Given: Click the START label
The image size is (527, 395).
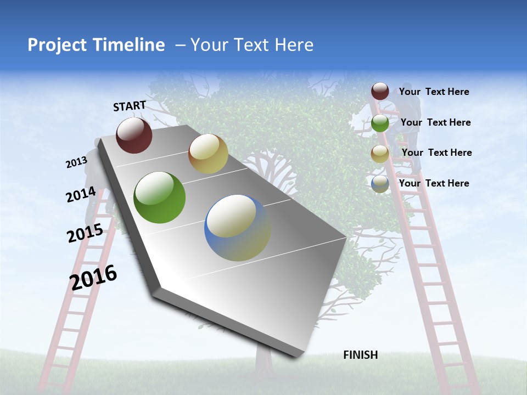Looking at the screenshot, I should pos(130,105).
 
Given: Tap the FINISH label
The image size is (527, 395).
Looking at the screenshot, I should pos(360,355).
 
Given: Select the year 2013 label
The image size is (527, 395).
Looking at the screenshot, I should pos(76,162).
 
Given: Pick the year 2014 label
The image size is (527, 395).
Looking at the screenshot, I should pos(81,195).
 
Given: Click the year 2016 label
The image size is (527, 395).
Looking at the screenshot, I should pos(93,278).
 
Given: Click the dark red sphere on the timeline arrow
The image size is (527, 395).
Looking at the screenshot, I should pos(134,135).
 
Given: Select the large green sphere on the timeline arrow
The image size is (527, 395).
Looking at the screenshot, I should pos(160,198).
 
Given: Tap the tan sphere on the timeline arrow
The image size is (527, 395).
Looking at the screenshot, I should pos(208,154).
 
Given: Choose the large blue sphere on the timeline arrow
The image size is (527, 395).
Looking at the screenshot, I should pos(238,228).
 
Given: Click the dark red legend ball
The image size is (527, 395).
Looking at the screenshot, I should pos(380,91).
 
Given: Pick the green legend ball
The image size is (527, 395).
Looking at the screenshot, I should pos(380,123).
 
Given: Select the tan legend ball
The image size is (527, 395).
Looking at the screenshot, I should pos(380,154).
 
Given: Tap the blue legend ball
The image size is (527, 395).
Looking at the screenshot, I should pos(380,184).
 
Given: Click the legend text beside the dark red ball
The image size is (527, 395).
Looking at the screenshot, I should pos(434,92).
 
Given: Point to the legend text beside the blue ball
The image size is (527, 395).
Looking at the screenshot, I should pos(434,183).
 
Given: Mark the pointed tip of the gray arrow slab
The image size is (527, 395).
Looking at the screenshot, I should pos(299,356).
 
